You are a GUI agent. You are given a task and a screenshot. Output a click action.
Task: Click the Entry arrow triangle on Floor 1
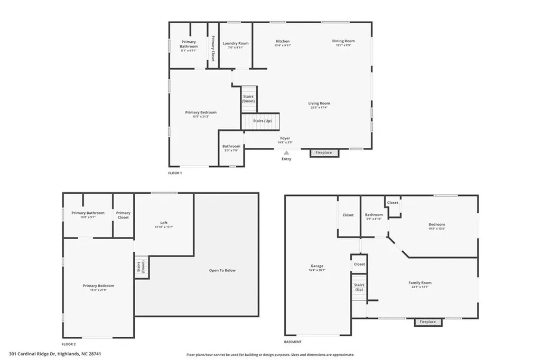pos(286,152)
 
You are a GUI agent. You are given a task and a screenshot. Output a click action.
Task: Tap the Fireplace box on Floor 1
pos(324,153)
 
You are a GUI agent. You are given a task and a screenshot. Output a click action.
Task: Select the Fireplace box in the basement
pos(427,321)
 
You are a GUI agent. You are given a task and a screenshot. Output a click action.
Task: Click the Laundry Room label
pos(235,43)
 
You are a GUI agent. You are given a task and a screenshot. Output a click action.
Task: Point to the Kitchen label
pos(283,41)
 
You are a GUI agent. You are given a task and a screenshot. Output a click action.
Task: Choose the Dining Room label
pos(343,41)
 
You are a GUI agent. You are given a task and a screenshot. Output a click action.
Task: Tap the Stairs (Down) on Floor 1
pos(248,99)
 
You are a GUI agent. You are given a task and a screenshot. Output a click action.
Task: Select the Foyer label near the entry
pos(285,138)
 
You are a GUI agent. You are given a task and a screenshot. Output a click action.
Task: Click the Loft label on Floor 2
pos(164,222)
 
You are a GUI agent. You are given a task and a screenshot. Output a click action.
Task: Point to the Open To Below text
pos(222,270)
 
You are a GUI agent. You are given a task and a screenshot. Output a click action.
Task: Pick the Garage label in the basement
pos(317,266)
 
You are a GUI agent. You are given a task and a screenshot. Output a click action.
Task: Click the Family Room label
pos(420,282)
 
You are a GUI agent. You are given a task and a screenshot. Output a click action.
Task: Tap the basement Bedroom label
pos(436,224)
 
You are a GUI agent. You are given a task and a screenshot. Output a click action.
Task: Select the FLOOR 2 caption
pos(69,344)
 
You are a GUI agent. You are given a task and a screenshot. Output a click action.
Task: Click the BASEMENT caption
pos(293,342)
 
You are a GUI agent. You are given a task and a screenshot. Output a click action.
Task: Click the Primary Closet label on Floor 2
pos(123,215)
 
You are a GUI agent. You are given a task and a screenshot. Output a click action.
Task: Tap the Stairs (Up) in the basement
pos(359,287)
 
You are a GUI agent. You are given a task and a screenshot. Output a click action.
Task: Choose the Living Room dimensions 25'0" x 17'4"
pos(319,108)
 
